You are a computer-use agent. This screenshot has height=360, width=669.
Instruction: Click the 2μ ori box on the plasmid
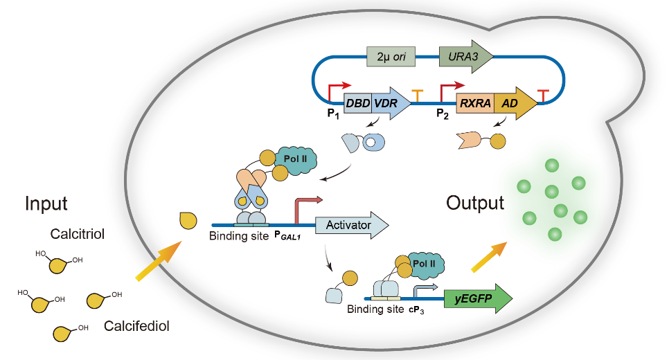pyautogui.click(x=391, y=56)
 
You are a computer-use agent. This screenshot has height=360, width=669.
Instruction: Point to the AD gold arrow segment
pyautogui.click(x=513, y=103)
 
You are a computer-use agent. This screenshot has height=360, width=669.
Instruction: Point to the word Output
pyautogui.click(x=474, y=203)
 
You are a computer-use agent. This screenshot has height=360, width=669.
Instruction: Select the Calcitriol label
pyautogui.click(x=78, y=234)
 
